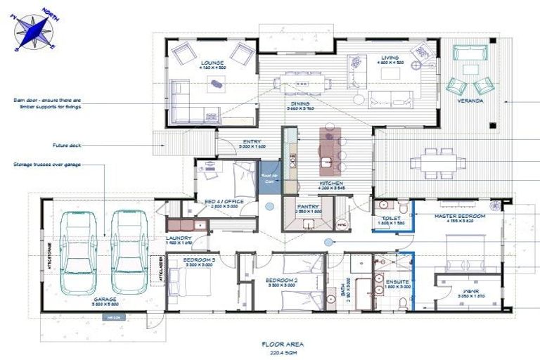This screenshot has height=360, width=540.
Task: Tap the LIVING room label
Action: click(x=389, y=58)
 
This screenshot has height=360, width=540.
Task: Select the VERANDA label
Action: click(x=470, y=101)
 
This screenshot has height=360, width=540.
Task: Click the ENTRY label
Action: click(x=252, y=142)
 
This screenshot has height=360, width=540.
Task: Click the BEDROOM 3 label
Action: click(x=199, y=259)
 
